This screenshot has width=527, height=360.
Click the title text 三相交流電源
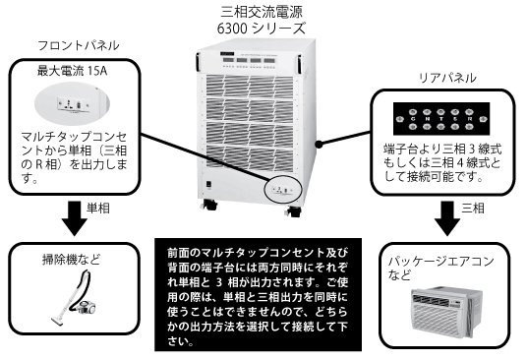click(x=262, y=12)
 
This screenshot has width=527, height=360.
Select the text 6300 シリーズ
click(x=262, y=28)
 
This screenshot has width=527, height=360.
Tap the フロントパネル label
click(x=79, y=45)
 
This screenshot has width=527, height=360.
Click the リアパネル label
click(x=447, y=78)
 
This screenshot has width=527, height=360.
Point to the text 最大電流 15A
click(x=72, y=71)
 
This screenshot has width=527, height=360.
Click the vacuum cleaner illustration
click(x=75, y=297)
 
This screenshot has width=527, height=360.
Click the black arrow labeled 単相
click(x=75, y=218)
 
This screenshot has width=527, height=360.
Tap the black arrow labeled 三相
click(x=447, y=218)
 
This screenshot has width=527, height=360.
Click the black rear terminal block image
click(x=441, y=119)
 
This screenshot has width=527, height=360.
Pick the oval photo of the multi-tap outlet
click(x=72, y=103)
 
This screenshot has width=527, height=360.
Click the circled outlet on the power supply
click(x=284, y=190)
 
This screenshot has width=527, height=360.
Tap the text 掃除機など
click(x=71, y=260)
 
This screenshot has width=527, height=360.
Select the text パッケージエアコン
click(x=440, y=262)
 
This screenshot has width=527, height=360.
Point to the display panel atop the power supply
click(x=249, y=61)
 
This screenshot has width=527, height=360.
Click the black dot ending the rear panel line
click(x=319, y=145)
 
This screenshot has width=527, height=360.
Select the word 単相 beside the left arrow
click(x=98, y=209)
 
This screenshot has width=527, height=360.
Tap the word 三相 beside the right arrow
click(x=473, y=209)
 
